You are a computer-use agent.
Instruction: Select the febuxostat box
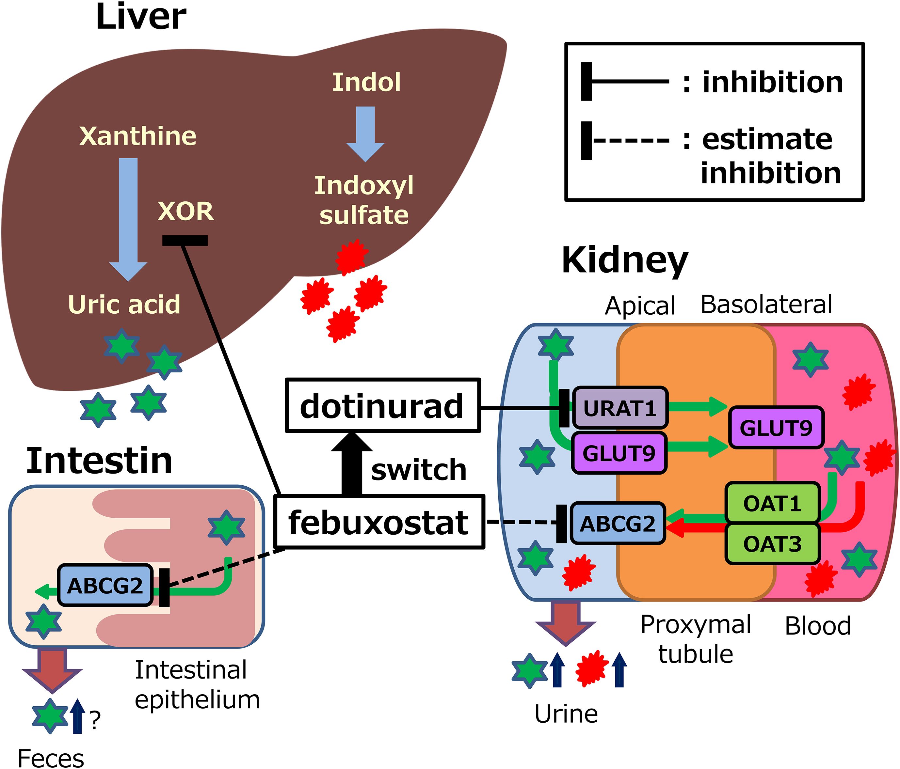pyautogui.click(x=379, y=522)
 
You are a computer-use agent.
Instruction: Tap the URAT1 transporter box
pyautogui.click(x=619, y=408)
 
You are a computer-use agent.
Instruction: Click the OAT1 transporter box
pyautogui.click(x=772, y=503)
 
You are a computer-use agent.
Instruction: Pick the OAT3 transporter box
pyautogui.click(x=772, y=544)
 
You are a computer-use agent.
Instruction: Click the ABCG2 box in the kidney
pyautogui.click(x=617, y=523)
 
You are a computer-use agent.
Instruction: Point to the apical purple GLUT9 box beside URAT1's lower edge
pyautogui.click(x=619, y=453)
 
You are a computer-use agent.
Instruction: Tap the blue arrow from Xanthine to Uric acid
pyautogui.click(x=128, y=217)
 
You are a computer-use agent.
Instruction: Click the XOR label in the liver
pyautogui.click(x=186, y=212)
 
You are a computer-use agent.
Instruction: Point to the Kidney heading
pyautogui.click(x=625, y=260)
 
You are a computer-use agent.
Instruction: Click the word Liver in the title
pyautogui.click(x=141, y=17)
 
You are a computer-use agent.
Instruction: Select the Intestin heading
pyautogui.click(x=100, y=461)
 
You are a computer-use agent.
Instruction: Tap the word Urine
pyautogui.click(x=566, y=714)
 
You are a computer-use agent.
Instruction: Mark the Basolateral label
pyautogui.click(x=766, y=305)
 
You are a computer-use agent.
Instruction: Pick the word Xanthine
pyautogui.click(x=138, y=136)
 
